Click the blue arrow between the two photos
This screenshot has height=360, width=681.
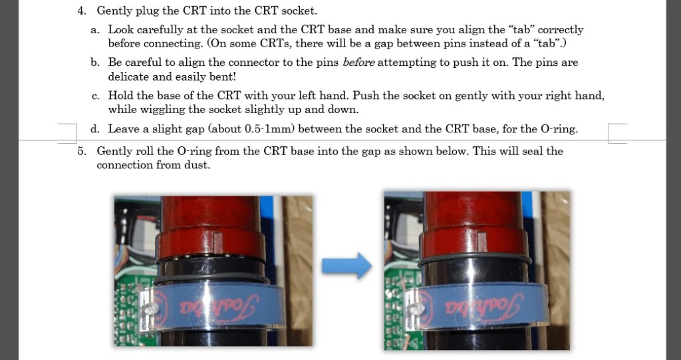(x=346, y=266)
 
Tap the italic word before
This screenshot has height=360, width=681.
(x=358, y=63)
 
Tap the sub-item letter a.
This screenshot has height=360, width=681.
(x=94, y=30)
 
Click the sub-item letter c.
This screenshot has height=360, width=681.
(x=96, y=96)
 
